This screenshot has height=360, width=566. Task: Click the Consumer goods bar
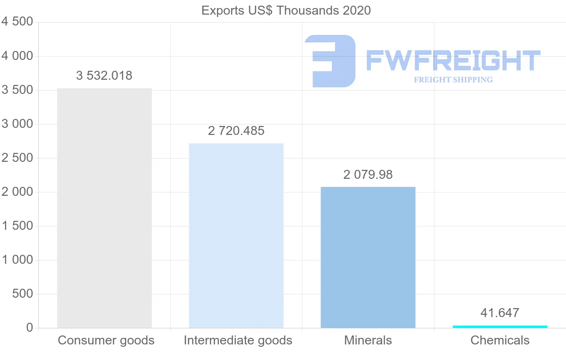pos(104,208)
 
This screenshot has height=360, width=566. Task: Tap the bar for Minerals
pos(368,257)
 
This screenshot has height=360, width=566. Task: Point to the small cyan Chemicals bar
pos(500,327)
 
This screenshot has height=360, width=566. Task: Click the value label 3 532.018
pos(104,75)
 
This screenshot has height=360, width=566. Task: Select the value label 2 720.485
pos(236,131)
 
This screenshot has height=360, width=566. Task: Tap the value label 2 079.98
pos(368,175)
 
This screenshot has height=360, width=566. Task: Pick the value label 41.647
pos(500,313)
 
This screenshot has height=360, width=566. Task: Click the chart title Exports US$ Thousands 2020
pos(286,10)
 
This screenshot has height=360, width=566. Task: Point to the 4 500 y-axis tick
pos(17,22)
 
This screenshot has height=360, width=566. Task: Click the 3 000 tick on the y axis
pos(17,124)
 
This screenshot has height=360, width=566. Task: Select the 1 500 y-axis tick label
pos(17,226)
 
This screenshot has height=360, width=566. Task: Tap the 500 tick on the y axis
pos(23,294)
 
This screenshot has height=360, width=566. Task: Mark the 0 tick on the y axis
pos(29,328)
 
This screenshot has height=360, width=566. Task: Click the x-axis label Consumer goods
pos(106,340)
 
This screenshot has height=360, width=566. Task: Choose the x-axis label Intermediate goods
pos(238,340)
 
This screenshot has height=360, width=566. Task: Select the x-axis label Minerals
pos(368,340)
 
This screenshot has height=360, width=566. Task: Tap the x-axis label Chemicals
pos(500,340)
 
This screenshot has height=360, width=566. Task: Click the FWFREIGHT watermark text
pos(453,60)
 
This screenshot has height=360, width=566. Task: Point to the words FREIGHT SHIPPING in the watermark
pos(453,80)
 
